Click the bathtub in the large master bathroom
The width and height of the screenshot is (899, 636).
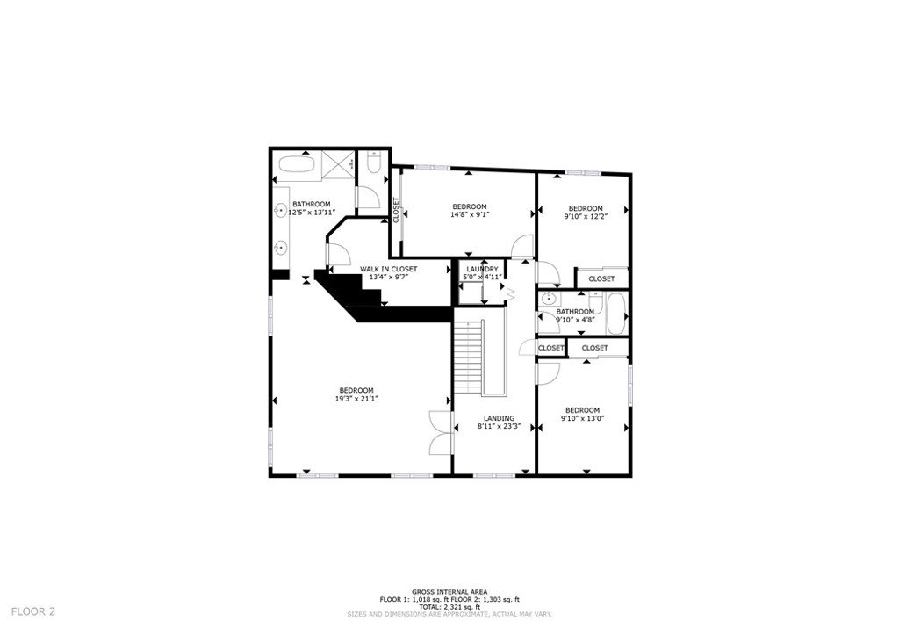(x=295, y=165)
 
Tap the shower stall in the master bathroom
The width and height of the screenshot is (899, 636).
(x=336, y=164)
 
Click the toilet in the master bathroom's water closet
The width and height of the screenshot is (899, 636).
(x=373, y=164)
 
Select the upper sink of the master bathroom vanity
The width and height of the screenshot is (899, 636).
(x=282, y=210)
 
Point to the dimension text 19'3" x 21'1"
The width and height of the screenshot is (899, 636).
(x=356, y=399)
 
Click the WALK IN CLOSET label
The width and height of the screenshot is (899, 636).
(x=388, y=269)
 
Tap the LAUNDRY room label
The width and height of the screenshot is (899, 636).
(x=482, y=269)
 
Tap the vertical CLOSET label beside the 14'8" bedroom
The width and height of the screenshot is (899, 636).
(x=396, y=210)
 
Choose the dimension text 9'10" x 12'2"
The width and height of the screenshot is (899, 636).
(x=585, y=216)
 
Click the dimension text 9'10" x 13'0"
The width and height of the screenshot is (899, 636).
(x=582, y=419)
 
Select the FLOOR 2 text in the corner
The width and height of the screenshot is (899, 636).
(x=33, y=611)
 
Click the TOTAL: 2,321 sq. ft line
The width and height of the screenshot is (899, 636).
(x=449, y=607)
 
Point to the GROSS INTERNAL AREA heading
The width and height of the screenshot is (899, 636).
(x=449, y=592)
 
